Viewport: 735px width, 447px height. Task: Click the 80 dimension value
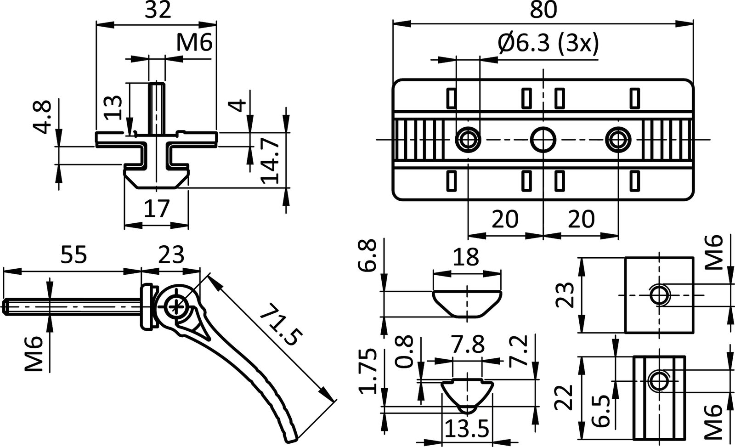pyautogui.click(x=543, y=10)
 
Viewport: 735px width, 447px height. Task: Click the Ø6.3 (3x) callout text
pyautogui.click(x=548, y=44)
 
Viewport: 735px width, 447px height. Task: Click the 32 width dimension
pyautogui.click(x=158, y=10)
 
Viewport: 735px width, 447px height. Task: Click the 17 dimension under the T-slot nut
pyautogui.click(x=157, y=208)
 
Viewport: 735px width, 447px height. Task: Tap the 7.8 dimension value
pyautogui.click(x=467, y=344)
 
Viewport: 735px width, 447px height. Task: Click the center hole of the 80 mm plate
pyautogui.click(x=543, y=139)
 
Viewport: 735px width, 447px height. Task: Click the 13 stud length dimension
pyautogui.click(x=113, y=107)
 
